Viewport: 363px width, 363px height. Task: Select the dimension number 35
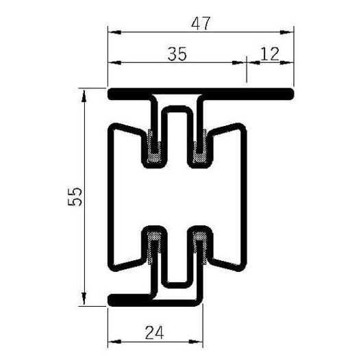(x=177, y=55)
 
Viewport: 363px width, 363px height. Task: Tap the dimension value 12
(x=270, y=55)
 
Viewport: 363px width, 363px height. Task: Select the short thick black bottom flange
(x=130, y=299)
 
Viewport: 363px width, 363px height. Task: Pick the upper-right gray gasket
(x=201, y=146)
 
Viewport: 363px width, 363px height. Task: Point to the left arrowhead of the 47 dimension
(x=114, y=32)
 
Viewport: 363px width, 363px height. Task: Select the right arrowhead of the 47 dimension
(x=289, y=32)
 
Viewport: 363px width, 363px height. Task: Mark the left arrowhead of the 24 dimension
(x=114, y=340)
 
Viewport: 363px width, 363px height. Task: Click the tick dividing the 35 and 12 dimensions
(x=247, y=62)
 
